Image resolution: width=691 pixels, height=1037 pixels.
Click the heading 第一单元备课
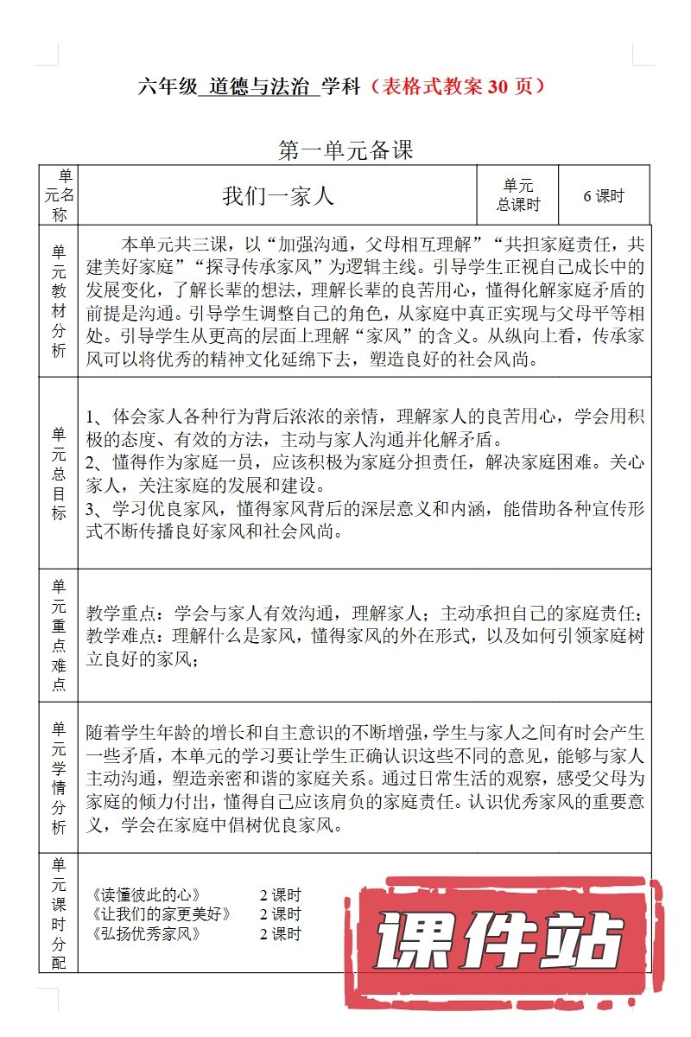(x=345, y=150)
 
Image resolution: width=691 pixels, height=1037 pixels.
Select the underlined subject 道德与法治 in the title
(x=258, y=87)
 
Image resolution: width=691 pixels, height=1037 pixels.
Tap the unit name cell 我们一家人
(x=277, y=196)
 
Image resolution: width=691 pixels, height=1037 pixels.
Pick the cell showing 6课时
(x=604, y=196)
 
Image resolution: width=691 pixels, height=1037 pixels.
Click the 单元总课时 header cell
(x=518, y=196)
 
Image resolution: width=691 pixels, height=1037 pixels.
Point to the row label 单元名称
(x=59, y=196)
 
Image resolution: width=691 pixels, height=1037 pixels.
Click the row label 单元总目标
(x=59, y=473)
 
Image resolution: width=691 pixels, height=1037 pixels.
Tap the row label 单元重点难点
(x=59, y=635)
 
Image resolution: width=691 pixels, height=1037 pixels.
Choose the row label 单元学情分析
(x=59, y=777)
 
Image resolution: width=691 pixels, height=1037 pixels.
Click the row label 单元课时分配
(x=59, y=912)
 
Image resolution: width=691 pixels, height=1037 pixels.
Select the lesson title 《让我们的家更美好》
(x=161, y=914)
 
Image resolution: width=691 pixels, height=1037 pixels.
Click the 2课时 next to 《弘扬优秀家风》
(x=280, y=934)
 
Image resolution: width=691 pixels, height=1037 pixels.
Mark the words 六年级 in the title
(x=167, y=87)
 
